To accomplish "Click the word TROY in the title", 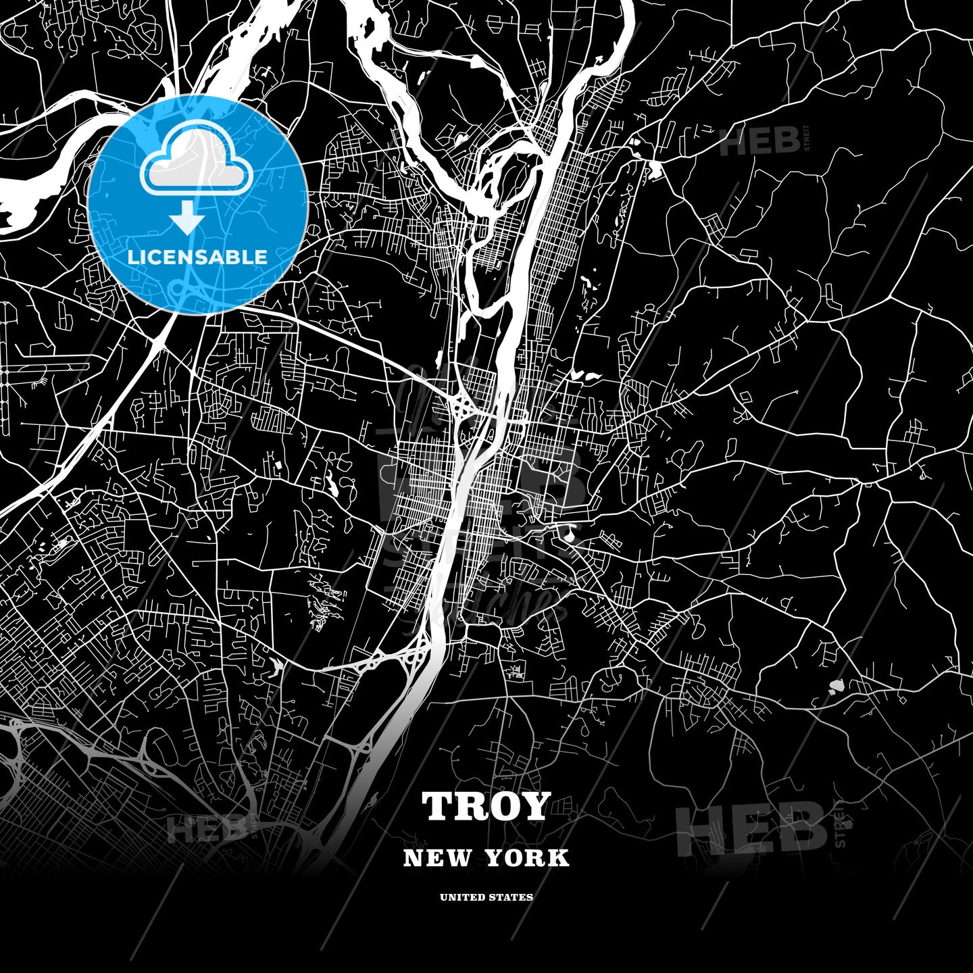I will pyautogui.click(x=486, y=807).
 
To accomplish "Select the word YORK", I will pyautogui.click(x=526, y=858).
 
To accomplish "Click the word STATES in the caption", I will pyautogui.click(x=512, y=897).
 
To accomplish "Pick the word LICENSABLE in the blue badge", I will pyautogui.click(x=197, y=257).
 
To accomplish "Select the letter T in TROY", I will pyautogui.click(x=439, y=807).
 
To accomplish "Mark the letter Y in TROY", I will pyautogui.click(x=534, y=807).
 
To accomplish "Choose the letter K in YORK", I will pyautogui.click(x=559, y=858).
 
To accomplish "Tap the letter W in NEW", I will pyautogui.click(x=459, y=858).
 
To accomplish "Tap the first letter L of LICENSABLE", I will pyautogui.click(x=133, y=257).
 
